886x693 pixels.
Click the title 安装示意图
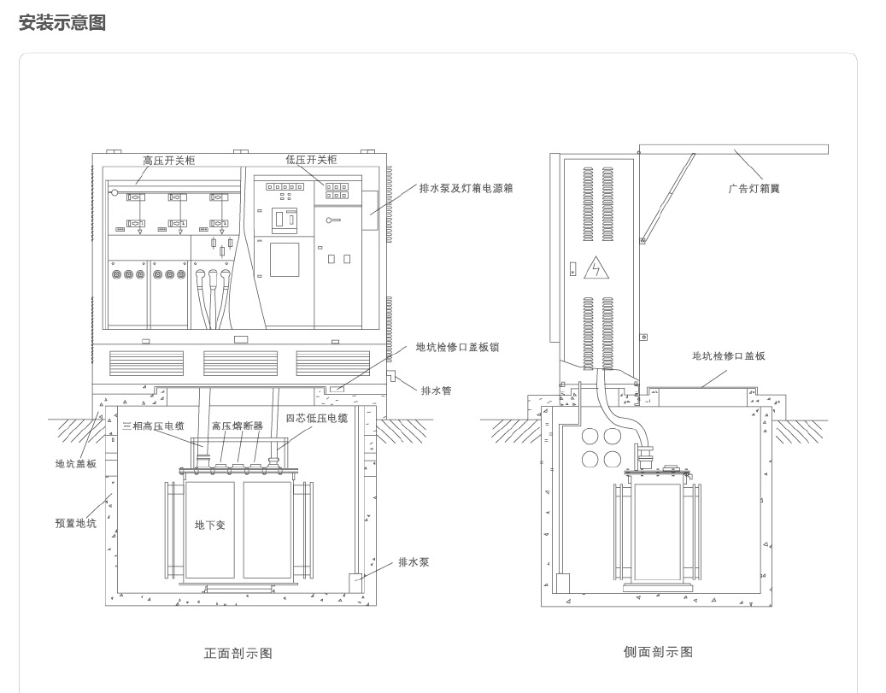[x=62, y=22]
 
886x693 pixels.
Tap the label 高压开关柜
[x=169, y=161]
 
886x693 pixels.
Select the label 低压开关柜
[x=311, y=160]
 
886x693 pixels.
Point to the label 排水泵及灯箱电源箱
[x=466, y=188]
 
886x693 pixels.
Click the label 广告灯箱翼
[x=754, y=189]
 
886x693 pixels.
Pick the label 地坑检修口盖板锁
[x=458, y=347]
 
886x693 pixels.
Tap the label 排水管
[x=437, y=391]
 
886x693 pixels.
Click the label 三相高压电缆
[x=154, y=426]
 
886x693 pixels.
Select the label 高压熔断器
[x=238, y=426]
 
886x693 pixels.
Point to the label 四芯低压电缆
[x=317, y=419]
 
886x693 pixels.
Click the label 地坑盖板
[x=76, y=464]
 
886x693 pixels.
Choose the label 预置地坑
[x=76, y=524]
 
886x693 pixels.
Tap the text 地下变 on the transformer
[x=210, y=526]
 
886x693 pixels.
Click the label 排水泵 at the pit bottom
[x=414, y=562]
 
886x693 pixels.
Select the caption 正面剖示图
[x=238, y=654]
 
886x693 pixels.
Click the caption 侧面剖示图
[x=658, y=652]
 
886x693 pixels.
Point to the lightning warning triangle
[x=596, y=268]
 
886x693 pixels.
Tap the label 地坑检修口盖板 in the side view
[x=729, y=356]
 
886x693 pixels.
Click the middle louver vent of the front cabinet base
[x=240, y=363]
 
